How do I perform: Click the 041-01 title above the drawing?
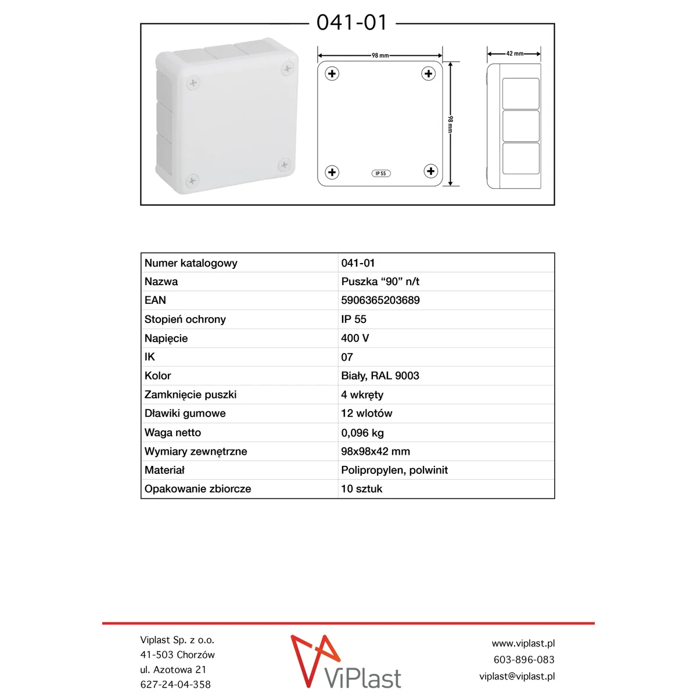point(352,23)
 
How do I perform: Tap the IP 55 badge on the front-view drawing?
point(381,173)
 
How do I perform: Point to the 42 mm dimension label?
point(515,53)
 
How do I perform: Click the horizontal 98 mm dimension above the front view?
point(380,56)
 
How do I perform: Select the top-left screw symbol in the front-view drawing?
point(332,74)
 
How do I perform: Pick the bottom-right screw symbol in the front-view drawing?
point(430,171)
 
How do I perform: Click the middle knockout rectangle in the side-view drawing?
point(520,125)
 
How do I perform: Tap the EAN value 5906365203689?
point(380,300)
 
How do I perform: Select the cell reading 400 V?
point(355,338)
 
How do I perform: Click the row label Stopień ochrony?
point(185,319)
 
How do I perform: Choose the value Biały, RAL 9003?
point(380,376)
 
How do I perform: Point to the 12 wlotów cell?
point(367,414)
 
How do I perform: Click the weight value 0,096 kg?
point(362,433)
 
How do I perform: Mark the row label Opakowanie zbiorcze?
point(197,489)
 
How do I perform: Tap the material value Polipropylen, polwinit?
point(394,470)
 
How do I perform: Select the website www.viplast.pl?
point(523,644)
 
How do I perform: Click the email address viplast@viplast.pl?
point(517,676)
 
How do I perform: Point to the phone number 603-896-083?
point(524,660)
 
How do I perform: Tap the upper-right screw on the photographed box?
point(287,69)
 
